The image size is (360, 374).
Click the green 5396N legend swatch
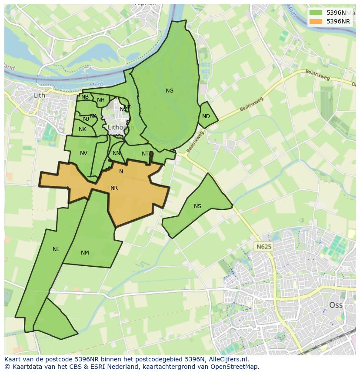coord(316,13)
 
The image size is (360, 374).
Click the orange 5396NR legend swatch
coord(316,21)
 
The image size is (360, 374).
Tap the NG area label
coord(170,91)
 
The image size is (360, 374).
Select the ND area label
coord(206,116)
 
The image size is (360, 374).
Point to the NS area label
coord(197,206)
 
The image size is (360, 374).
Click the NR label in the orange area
coord(114,188)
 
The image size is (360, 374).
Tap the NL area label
coord(56,249)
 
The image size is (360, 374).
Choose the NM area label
coord(85,253)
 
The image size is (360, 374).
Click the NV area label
coord(83,153)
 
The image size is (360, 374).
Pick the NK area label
coord(82,129)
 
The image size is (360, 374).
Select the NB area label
coord(85,97)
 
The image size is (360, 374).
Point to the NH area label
coord(101,100)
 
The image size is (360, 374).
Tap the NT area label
coord(145,154)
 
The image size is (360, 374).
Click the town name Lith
coord(39,95)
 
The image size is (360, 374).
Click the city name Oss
coord(336,305)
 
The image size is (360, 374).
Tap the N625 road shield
coord(263,247)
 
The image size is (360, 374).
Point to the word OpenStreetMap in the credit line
coord(237,367)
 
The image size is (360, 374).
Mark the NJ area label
coord(86,119)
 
